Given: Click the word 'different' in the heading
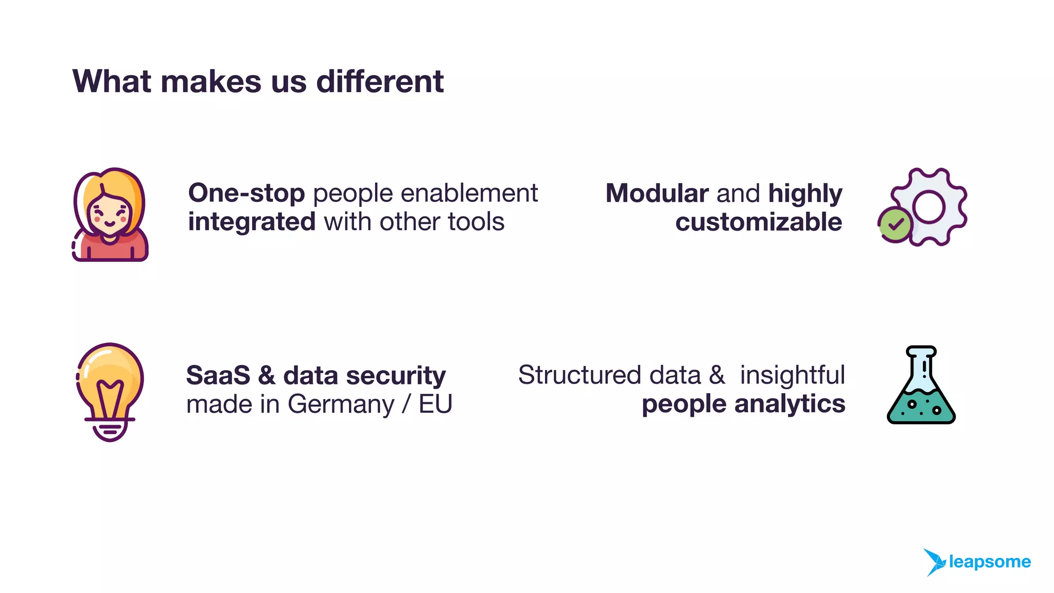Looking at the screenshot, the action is pos(380,81).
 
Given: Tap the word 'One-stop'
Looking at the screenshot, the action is pos(247,194).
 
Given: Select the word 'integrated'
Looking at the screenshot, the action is pos(252,222).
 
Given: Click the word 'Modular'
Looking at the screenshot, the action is pos(657,194).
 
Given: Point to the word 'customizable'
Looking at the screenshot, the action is pos(759,222).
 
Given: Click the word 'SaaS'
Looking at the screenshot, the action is pos(218,375).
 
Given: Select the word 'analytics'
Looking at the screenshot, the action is pos(789,404).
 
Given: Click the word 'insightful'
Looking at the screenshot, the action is pos(793,375).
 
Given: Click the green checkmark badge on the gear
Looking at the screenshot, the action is pos(895,224).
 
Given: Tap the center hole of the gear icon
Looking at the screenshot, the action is pos(929,207).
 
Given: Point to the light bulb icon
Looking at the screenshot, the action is pos(110,392).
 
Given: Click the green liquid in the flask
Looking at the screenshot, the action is pos(921,407).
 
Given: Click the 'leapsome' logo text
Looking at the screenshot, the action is pos(990,562).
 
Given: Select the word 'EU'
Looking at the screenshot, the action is pos(435,405).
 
